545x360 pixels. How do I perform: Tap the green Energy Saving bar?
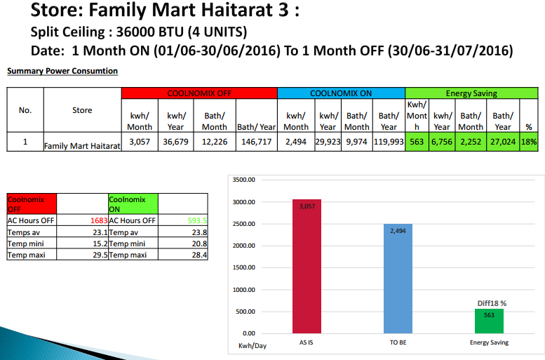click(x=489, y=321)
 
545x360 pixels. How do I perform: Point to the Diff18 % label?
click(x=492, y=302)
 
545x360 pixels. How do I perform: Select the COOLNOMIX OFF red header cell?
click(x=199, y=93)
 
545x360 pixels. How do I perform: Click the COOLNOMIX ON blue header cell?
click(x=341, y=93)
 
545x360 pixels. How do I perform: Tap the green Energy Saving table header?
click(x=471, y=93)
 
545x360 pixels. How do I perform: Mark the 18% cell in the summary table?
click(x=528, y=142)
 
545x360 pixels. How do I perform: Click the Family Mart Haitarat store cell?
click(x=82, y=146)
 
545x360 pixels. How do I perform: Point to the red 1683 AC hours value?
click(x=98, y=220)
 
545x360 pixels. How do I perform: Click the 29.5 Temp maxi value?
click(x=99, y=255)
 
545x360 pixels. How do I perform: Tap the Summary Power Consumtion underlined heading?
click(x=62, y=71)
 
